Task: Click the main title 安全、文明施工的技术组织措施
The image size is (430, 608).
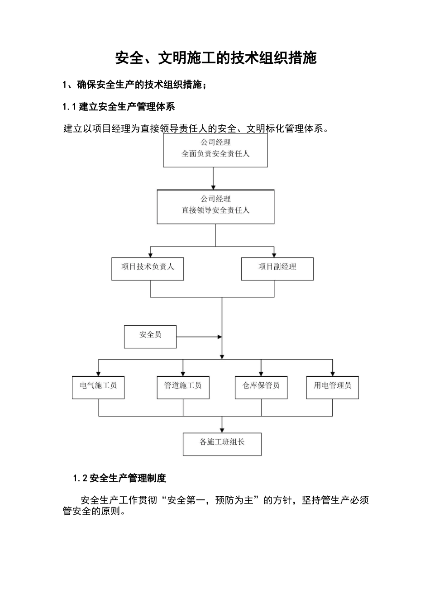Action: coord(215,58)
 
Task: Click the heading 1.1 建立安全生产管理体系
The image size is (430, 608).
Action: coord(119,107)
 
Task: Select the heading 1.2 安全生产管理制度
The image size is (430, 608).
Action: coord(119,478)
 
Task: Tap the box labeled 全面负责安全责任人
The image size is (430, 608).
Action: coord(215,150)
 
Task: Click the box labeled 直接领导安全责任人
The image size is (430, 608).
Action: coord(215,207)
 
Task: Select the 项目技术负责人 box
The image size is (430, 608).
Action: coord(148,269)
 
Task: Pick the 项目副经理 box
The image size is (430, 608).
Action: coord(277,269)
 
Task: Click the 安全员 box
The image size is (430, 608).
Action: coord(150,337)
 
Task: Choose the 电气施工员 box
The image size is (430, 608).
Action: coord(98,387)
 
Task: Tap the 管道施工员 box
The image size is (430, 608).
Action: coord(183,387)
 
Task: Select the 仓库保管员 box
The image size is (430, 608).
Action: coord(261,387)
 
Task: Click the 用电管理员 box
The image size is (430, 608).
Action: coord(332,387)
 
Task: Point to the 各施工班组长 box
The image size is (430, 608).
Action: coord(222,444)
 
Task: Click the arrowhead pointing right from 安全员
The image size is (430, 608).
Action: coord(220,337)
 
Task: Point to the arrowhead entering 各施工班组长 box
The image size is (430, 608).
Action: coord(222,430)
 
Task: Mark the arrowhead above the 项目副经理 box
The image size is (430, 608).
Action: coord(274,255)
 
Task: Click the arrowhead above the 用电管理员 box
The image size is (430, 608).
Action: coord(332,373)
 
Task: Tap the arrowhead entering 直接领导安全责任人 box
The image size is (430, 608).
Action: coord(213,187)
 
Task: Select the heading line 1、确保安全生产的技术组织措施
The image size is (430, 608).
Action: coord(134,85)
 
